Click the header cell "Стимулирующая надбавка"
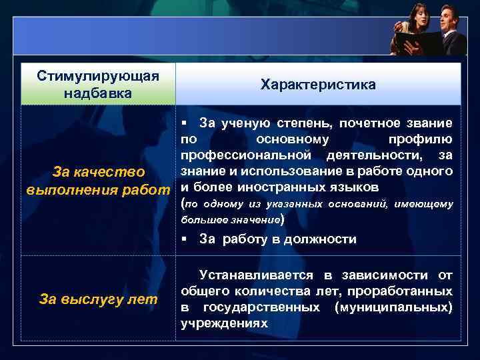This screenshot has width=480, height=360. click(x=98, y=83)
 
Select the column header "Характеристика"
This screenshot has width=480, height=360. click(x=318, y=85)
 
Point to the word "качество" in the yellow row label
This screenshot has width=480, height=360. click(x=113, y=173)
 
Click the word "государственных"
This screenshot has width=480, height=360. click(x=261, y=307)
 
